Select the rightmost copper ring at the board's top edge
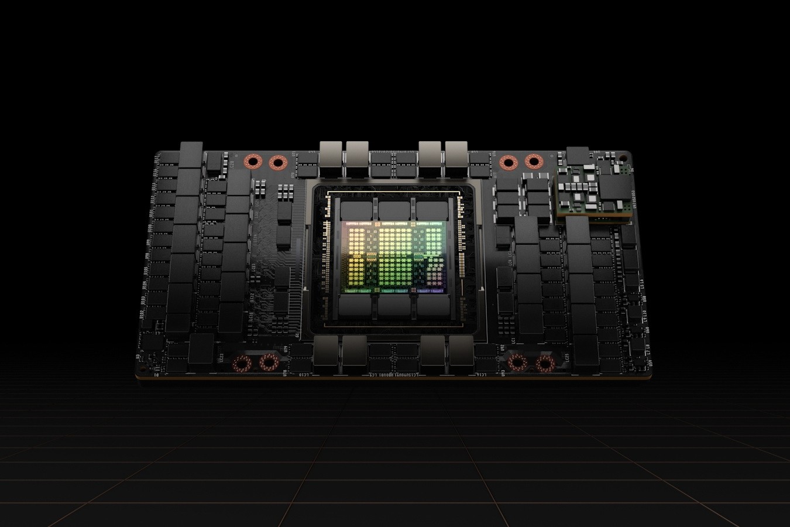click(x=533, y=162)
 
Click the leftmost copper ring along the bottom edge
click(x=242, y=363)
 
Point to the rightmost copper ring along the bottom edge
click(x=545, y=363)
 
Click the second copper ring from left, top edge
click(x=276, y=162)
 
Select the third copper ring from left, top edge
click(x=508, y=162)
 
